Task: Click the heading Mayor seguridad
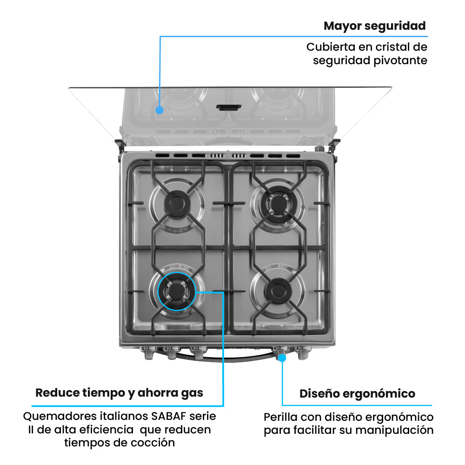374,26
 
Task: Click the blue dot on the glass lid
159,110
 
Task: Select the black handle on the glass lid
229,107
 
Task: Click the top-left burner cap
177,202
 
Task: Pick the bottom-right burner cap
278,291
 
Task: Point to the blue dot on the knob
282,358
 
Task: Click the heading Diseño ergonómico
357,394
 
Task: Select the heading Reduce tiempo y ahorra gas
120,393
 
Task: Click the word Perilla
279,417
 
